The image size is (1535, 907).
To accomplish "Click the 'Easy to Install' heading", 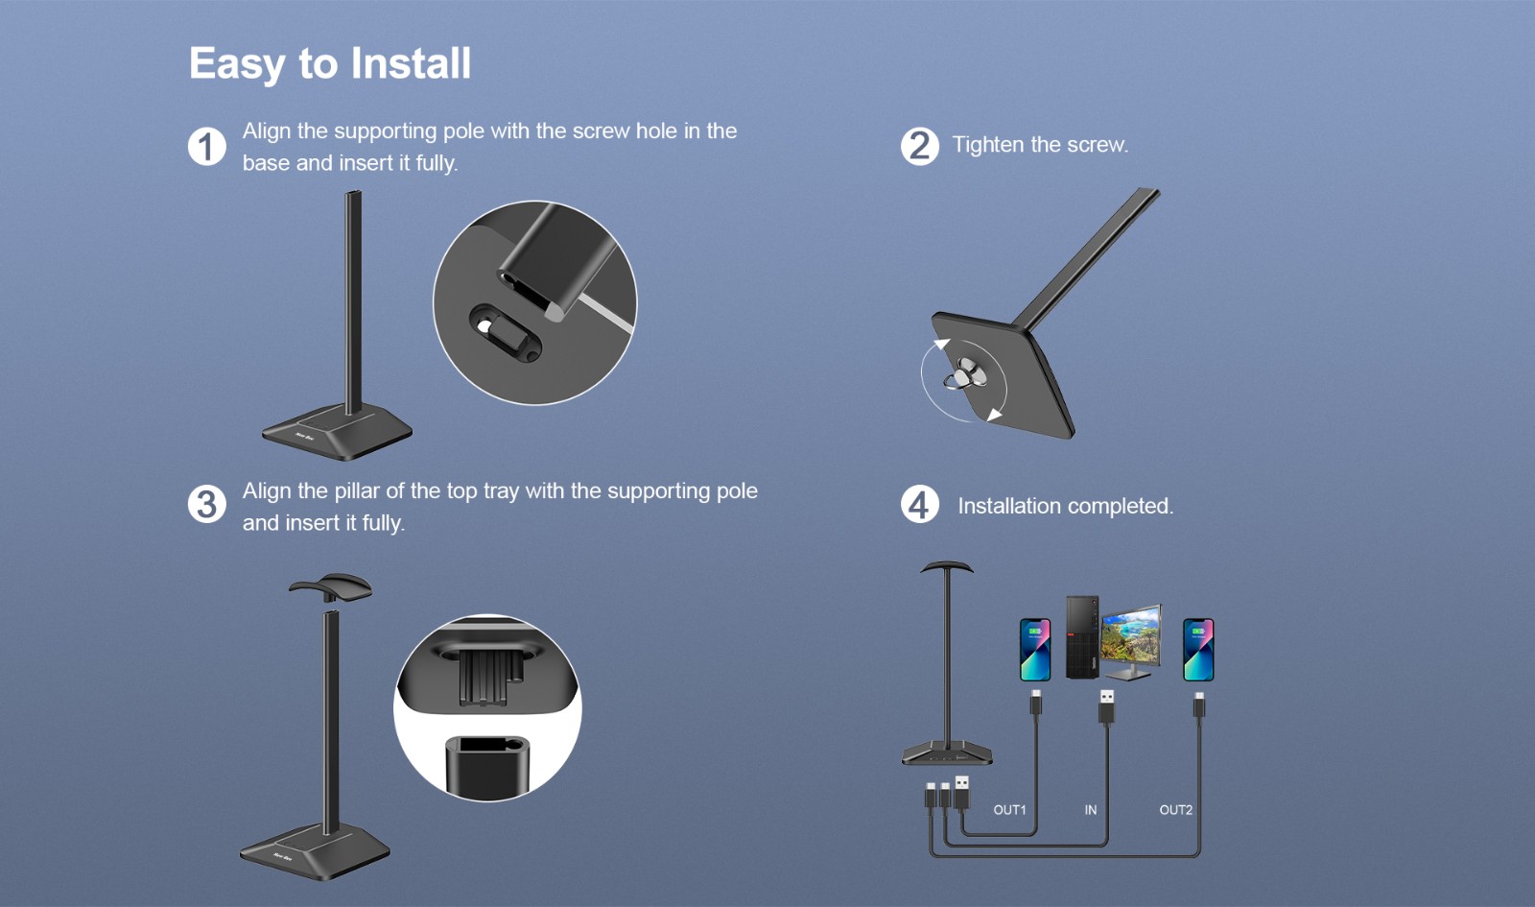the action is pyautogui.click(x=330, y=64).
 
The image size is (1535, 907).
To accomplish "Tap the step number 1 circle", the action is pyautogui.click(x=207, y=146).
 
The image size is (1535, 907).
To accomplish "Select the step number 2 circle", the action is pyautogui.click(x=920, y=146).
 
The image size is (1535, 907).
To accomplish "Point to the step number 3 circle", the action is pyautogui.click(x=207, y=505).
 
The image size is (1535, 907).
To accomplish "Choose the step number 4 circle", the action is pyautogui.click(x=920, y=505).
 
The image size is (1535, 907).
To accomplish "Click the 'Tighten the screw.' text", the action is pyautogui.click(x=1040, y=145).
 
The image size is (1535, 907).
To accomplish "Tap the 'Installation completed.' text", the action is pyautogui.click(x=1066, y=506).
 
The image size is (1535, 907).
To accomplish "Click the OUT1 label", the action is pyautogui.click(x=1009, y=810).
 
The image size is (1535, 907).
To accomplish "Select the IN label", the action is pyautogui.click(x=1090, y=810).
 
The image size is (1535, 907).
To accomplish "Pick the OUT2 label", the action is pyautogui.click(x=1176, y=810).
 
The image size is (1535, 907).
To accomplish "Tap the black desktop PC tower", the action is pyautogui.click(x=1082, y=637).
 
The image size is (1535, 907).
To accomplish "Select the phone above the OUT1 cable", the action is pyautogui.click(x=1035, y=649).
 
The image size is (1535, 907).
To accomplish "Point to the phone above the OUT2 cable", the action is pyautogui.click(x=1198, y=649).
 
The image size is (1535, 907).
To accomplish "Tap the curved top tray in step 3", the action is pyautogui.click(x=330, y=587).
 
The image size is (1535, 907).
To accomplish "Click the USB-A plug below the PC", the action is pyautogui.click(x=1106, y=706).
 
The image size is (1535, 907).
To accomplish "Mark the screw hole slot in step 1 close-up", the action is pyautogui.click(x=505, y=333).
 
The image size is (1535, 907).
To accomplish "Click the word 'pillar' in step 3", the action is pyautogui.click(x=357, y=491).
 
